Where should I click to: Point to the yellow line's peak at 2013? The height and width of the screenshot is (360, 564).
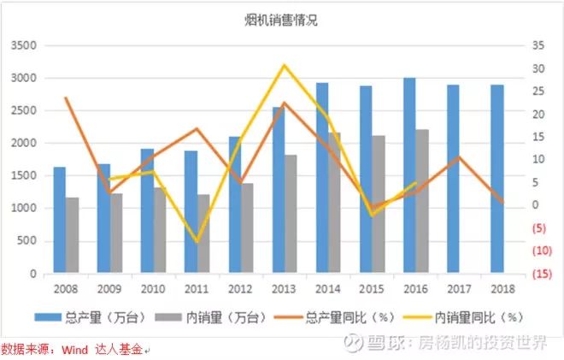(285, 65)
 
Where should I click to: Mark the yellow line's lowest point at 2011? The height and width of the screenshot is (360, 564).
(197, 242)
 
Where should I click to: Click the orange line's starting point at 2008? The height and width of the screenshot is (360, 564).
(66, 97)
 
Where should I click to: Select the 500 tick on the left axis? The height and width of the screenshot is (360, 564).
(26, 241)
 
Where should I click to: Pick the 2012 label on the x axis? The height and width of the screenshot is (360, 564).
(240, 289)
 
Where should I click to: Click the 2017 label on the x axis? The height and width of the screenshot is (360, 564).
(459, 289)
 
